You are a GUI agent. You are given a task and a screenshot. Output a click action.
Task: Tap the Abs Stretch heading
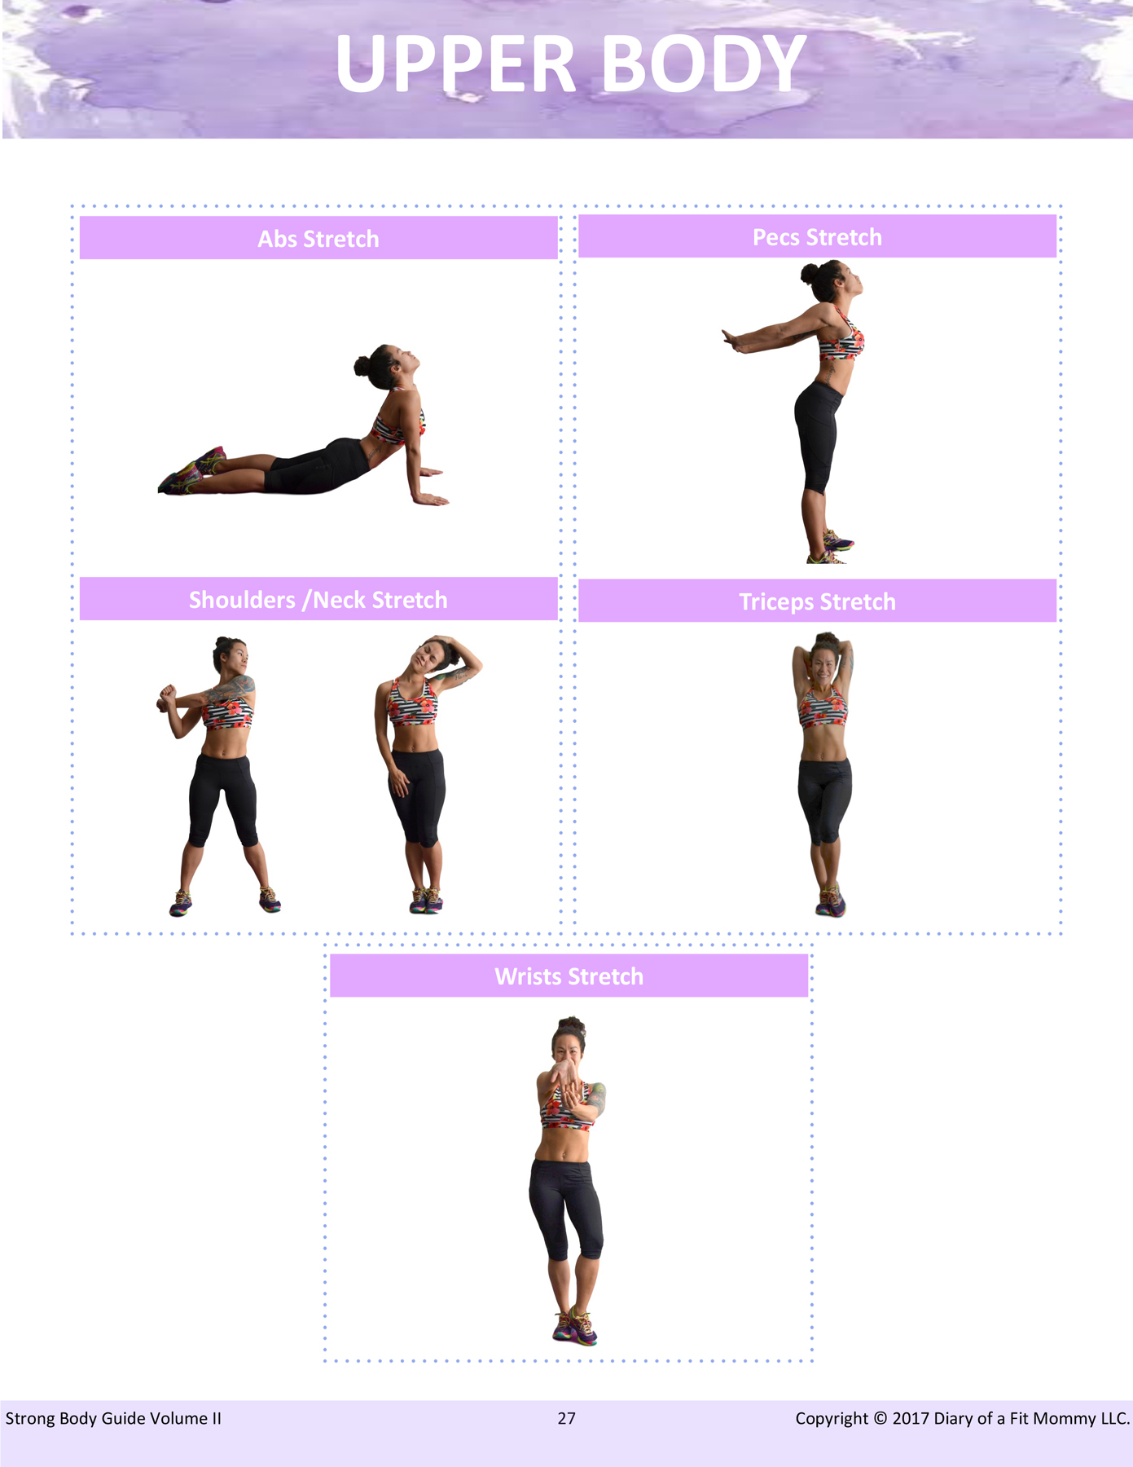(318, 239)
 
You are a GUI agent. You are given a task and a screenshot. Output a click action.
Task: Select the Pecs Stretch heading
(817, 237)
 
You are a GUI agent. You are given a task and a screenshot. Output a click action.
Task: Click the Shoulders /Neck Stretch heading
(318, 600)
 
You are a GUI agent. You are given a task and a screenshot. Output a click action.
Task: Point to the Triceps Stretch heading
(817, 601)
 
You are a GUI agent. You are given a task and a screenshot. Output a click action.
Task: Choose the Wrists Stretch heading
(569, 976)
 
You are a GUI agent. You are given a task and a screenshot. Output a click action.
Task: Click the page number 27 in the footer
(567, 1418)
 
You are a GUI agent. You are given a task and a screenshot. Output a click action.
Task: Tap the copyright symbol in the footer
(880, 1418)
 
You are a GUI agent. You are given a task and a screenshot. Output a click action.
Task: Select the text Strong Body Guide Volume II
(113, 1418)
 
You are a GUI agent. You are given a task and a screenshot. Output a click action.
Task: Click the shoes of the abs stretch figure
(191, 471)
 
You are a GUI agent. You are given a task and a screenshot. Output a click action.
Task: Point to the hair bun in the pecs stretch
(810, 273)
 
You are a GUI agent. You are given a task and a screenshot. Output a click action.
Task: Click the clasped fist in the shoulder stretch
(166, 698)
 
